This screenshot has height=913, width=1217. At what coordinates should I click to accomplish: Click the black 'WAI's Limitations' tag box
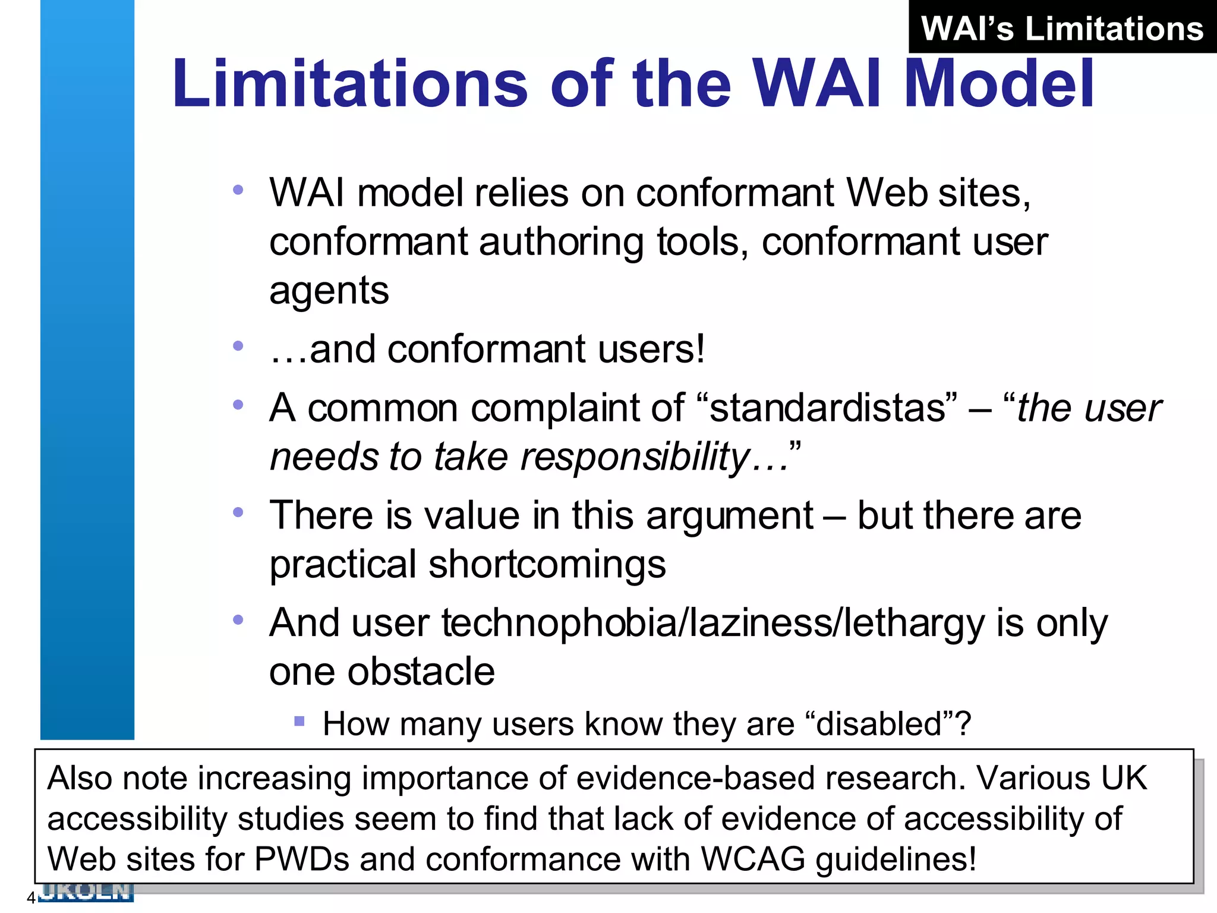pos(1062,27)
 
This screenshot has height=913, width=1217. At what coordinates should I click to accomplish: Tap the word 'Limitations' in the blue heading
pos(349,84)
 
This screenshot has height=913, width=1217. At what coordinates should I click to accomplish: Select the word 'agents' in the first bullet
pos(329,292)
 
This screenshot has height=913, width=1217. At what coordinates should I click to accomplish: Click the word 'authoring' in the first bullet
pos(561,243)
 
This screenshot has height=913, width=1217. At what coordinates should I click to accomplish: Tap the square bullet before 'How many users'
pos(299,722)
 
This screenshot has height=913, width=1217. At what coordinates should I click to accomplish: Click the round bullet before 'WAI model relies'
pos(238,190)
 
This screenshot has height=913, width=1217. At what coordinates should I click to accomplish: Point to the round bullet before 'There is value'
pos(238,512)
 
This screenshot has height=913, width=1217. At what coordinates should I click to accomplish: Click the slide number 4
pos(31,898)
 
